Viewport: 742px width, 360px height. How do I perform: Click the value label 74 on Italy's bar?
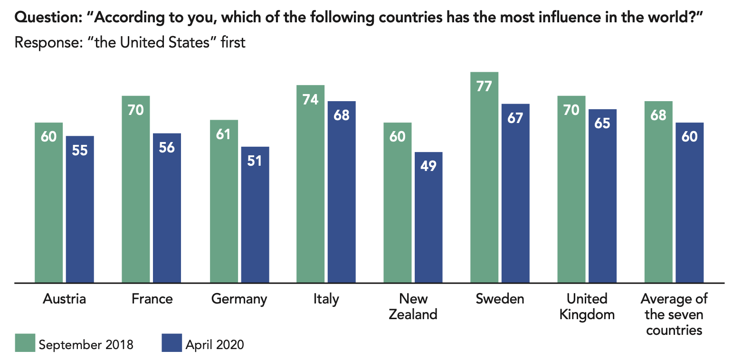(310, 100)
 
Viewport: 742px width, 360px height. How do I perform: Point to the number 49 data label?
(428, 166)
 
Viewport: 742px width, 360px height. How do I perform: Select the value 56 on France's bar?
(167, 148)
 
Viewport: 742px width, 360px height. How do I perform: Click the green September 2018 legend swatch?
(25, 343)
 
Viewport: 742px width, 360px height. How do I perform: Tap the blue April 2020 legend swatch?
(171, 343)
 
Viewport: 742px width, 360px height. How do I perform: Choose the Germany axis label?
(239, 299)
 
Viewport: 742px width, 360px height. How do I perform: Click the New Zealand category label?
(413, 306)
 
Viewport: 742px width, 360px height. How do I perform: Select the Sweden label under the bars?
(500, 299)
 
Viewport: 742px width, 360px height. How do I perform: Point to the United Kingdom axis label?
(587, 306)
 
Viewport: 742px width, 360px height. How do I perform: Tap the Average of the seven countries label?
(674, 314)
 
